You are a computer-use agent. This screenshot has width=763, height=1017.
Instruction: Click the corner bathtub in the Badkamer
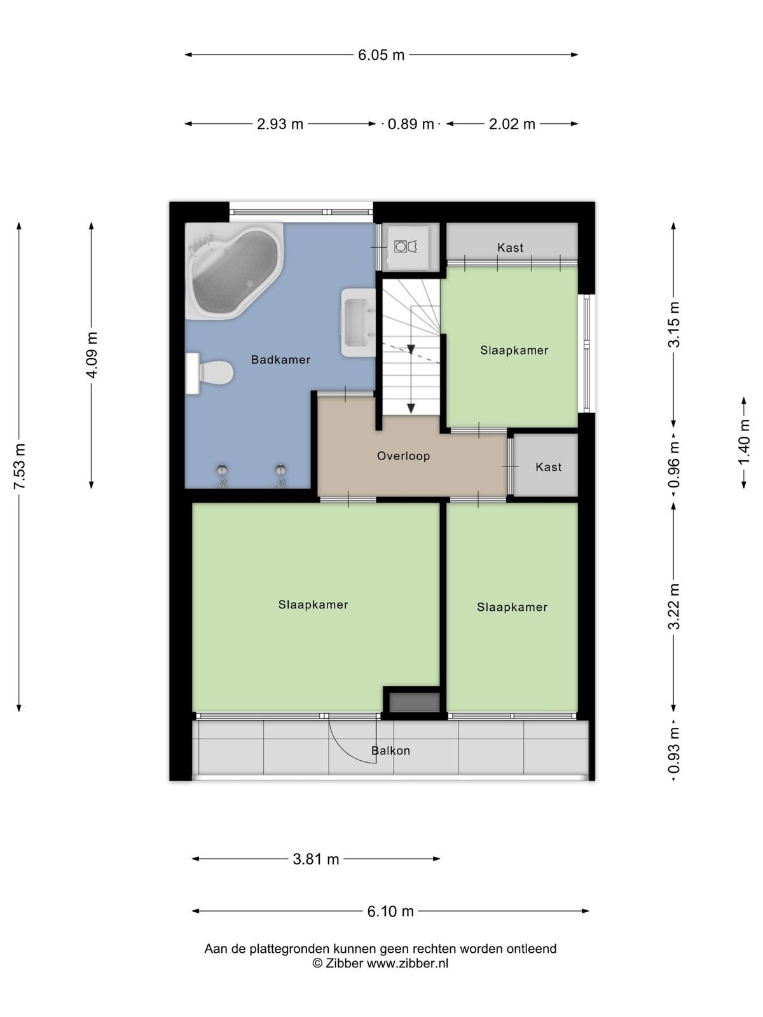[234, 271]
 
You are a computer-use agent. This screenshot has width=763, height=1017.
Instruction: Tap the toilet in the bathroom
[209, 373]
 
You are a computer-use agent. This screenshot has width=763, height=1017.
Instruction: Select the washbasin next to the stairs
[358, 322]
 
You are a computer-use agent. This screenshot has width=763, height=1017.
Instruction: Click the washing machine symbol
[406, 246]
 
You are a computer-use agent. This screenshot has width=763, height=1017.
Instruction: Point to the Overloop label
[404, 456]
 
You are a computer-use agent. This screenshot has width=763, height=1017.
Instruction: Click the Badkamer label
[281, 360]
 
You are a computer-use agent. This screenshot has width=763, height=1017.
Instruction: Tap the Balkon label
[390, 751]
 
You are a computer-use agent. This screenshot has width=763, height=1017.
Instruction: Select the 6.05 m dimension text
[381, 55]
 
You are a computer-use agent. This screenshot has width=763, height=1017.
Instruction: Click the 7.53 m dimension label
[20, 467]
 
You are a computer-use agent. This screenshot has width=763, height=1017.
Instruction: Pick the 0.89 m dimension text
[411, 124]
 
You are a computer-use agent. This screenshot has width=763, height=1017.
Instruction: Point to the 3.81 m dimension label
[316, 859]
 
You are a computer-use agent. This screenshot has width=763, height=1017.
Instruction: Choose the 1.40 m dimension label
[743, 442]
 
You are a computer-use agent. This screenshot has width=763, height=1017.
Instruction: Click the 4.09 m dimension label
[92, 355]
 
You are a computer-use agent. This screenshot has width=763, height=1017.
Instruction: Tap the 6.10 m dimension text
[390, 911]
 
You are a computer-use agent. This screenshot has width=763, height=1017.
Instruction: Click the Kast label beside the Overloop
[549, 467]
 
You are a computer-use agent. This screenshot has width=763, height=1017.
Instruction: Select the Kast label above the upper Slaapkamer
[510, 247]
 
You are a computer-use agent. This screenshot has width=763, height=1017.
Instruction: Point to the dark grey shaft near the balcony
[414, 702]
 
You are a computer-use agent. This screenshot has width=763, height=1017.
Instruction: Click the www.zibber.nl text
[408, 963]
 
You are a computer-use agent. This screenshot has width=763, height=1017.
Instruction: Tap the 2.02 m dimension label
[512, 124]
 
